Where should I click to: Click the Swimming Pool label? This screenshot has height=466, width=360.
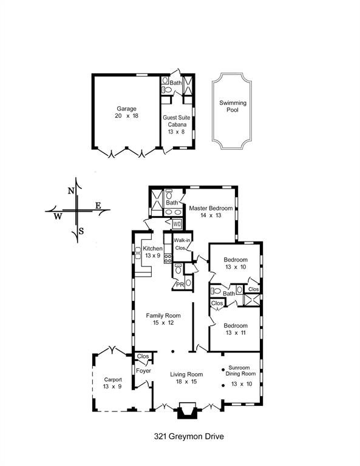[233, 106]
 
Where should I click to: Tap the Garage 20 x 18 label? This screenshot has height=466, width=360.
[127, 112]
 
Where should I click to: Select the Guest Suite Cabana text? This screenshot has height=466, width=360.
[177, 121]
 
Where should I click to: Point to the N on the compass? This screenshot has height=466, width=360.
[71, 191]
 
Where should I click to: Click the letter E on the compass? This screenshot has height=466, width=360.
[98, 205]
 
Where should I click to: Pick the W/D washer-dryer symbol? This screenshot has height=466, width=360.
[177, 223]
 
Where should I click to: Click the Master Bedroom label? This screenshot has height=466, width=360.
[211, 208]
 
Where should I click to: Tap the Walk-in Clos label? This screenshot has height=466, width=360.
[182, 244]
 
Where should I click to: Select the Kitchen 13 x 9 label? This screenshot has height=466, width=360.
[153, 252]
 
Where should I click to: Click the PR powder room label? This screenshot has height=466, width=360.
[180, 285]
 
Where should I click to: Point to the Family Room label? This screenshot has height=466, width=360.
[163, 316]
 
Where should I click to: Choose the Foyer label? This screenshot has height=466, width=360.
[144, 371]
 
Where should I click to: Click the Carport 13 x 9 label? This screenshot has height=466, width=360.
[113, 383]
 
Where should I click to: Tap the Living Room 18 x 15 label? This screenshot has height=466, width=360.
[186, 378]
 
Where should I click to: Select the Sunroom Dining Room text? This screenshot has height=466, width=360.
[240, 371]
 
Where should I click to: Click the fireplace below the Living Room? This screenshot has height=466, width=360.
[187, 410]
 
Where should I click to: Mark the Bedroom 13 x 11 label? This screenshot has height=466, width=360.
[236, 329]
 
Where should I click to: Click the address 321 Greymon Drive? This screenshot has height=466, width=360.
[189, 436]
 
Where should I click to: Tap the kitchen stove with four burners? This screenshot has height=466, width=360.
[168, 258]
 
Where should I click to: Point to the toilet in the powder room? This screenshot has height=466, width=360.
[178, 269]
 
